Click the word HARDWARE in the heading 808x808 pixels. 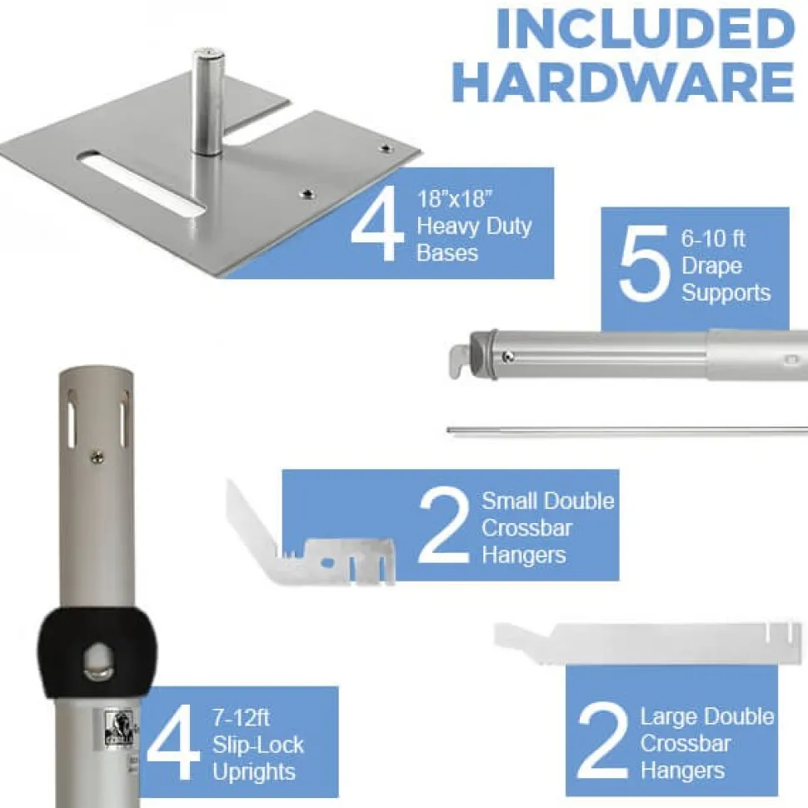[x=625, y=82]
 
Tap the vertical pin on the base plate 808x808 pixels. [x=207, y=101]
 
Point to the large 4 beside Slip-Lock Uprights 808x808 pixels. [x=173, y=741]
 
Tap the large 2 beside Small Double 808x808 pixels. [x=444, y=526]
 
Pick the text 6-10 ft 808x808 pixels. [x=713, y=238]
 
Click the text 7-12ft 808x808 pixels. [x=241, y=717]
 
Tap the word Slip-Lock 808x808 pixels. [x=258, y=746]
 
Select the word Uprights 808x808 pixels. [x=254, y=772]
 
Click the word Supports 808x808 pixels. [x=726, y=293]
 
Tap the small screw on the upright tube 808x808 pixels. [x=97, y=456]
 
